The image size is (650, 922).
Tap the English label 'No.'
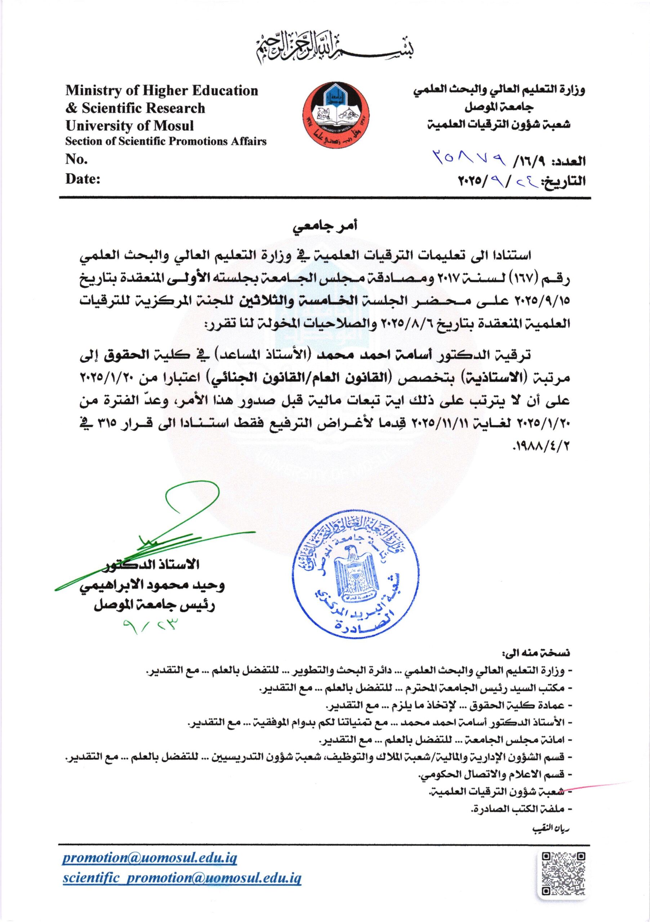pos(76,160)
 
